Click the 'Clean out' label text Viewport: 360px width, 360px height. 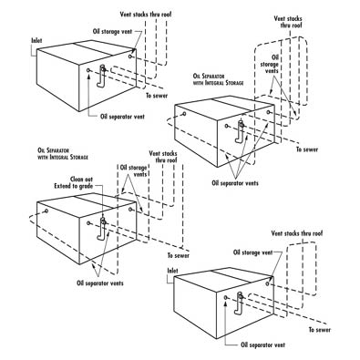[x=81, y=180]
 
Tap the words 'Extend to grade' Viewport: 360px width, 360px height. [x=74, y=186]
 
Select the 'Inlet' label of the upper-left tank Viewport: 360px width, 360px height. [x=36, y=40]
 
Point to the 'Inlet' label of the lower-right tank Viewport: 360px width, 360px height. [x=173, y=271]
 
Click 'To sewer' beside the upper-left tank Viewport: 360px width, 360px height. [x=157, y=96]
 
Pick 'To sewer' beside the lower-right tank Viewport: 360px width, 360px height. [x=320, y=330]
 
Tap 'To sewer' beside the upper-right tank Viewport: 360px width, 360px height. [x=307, y=149]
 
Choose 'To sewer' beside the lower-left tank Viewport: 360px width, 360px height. [x=179, y=255]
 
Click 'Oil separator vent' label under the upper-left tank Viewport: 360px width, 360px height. [x=122, y=117]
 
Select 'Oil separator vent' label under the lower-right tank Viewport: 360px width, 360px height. [x=263, y=345]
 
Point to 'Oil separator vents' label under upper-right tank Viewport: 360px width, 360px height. [x=235, y=183]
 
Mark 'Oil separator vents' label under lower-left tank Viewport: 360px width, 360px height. [x=100, y=283]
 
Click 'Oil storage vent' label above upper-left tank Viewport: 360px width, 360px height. [x=112, y=32]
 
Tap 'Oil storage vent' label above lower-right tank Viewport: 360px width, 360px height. [x=253, y=252]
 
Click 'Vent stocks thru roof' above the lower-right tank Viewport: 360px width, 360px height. [x=297, y=233]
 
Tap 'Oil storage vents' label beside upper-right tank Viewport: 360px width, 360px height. [x=270, y=64]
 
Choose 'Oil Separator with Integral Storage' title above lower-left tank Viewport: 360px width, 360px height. [x=63, y=154]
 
